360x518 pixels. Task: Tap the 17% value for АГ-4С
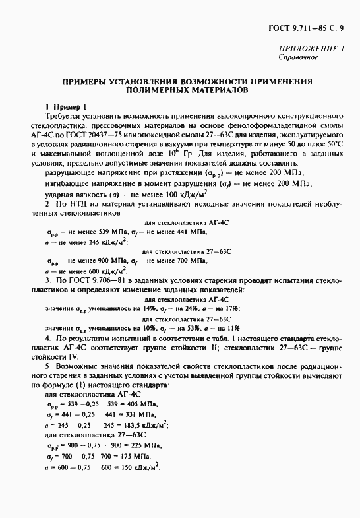tap(229, 308)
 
